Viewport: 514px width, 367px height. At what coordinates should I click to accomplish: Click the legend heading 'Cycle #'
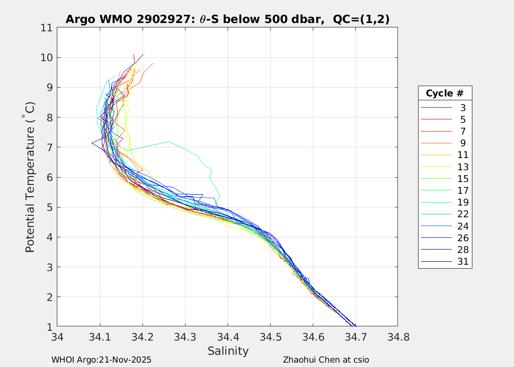tap(444, 93)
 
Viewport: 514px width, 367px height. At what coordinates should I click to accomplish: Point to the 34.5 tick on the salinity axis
tap(270, 337)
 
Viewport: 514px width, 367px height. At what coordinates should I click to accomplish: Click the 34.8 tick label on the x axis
tap(397, 337)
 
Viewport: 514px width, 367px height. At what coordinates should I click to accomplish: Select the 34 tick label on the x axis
tap(57, 337)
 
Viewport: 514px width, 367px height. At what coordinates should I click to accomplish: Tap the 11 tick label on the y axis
tap(47, 28)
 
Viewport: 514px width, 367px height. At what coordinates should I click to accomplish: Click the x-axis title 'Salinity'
tap(228, 351)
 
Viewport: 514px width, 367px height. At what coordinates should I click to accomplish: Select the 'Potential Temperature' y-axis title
tap(30, 177)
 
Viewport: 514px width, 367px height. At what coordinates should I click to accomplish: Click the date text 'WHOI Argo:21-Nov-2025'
tap(101, 360)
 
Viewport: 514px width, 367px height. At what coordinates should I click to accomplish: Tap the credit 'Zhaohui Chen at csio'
tap(326, 360)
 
